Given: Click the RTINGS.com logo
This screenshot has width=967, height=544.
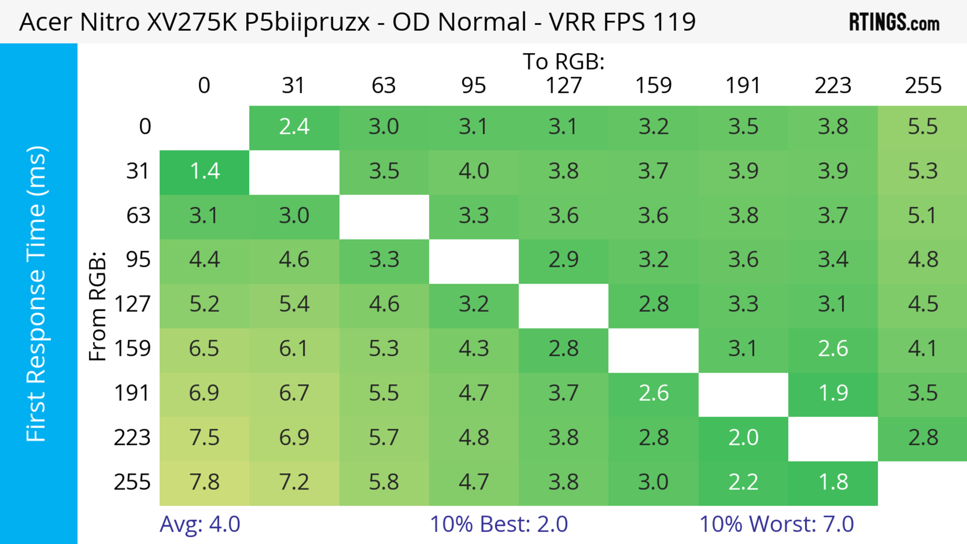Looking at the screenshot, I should (x=894, y=22).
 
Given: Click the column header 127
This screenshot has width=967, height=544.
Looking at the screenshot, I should (x=564, y=86).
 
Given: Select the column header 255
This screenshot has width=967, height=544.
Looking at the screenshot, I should (x=923, y=86).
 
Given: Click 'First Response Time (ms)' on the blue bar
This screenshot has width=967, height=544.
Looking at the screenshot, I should (x=37, y=294).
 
